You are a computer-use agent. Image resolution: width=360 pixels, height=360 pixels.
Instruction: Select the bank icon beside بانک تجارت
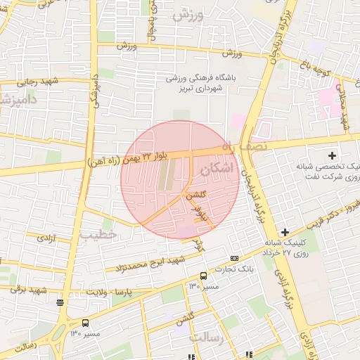tap(234, 258)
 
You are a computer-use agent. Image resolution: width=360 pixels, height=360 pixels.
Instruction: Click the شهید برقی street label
tap(29, 289)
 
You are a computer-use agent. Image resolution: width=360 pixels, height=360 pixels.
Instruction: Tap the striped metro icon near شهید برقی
tap(60, 303)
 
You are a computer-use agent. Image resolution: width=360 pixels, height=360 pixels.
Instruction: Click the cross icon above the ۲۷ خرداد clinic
tap(285, 232)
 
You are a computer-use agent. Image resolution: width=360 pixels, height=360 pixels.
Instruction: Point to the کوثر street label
tap(199, 245)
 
